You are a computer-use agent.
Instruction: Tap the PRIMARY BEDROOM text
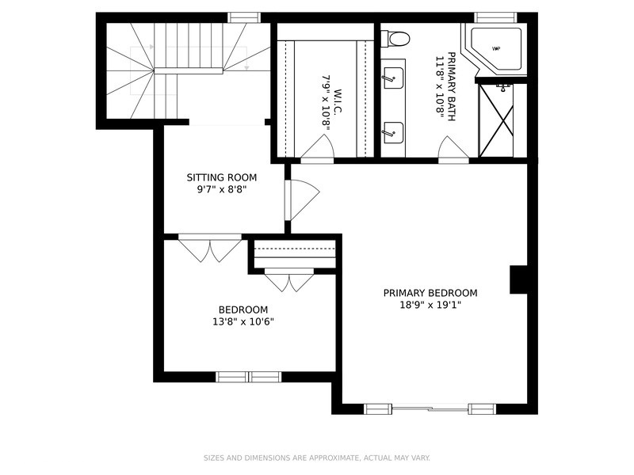point(430,292)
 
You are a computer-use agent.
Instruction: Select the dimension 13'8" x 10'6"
point(243,321)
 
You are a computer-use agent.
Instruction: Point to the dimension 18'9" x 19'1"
point(430,305)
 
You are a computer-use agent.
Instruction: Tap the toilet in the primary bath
point(395,38)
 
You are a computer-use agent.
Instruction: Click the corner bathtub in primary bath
point(495,50)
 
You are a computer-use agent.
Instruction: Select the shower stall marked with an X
point(496,120)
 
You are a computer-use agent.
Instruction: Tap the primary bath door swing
point(454,150)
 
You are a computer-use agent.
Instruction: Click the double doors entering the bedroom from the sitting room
point(210,248)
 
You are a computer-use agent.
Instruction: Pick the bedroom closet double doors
point(289,280)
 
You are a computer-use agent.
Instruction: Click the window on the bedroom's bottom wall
point(249,377)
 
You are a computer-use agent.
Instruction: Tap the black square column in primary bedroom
point(518,279)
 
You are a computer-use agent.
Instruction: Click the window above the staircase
point(244,17)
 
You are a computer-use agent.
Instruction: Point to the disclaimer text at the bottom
point(317,458)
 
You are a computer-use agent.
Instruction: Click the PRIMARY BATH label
point(446,84)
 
